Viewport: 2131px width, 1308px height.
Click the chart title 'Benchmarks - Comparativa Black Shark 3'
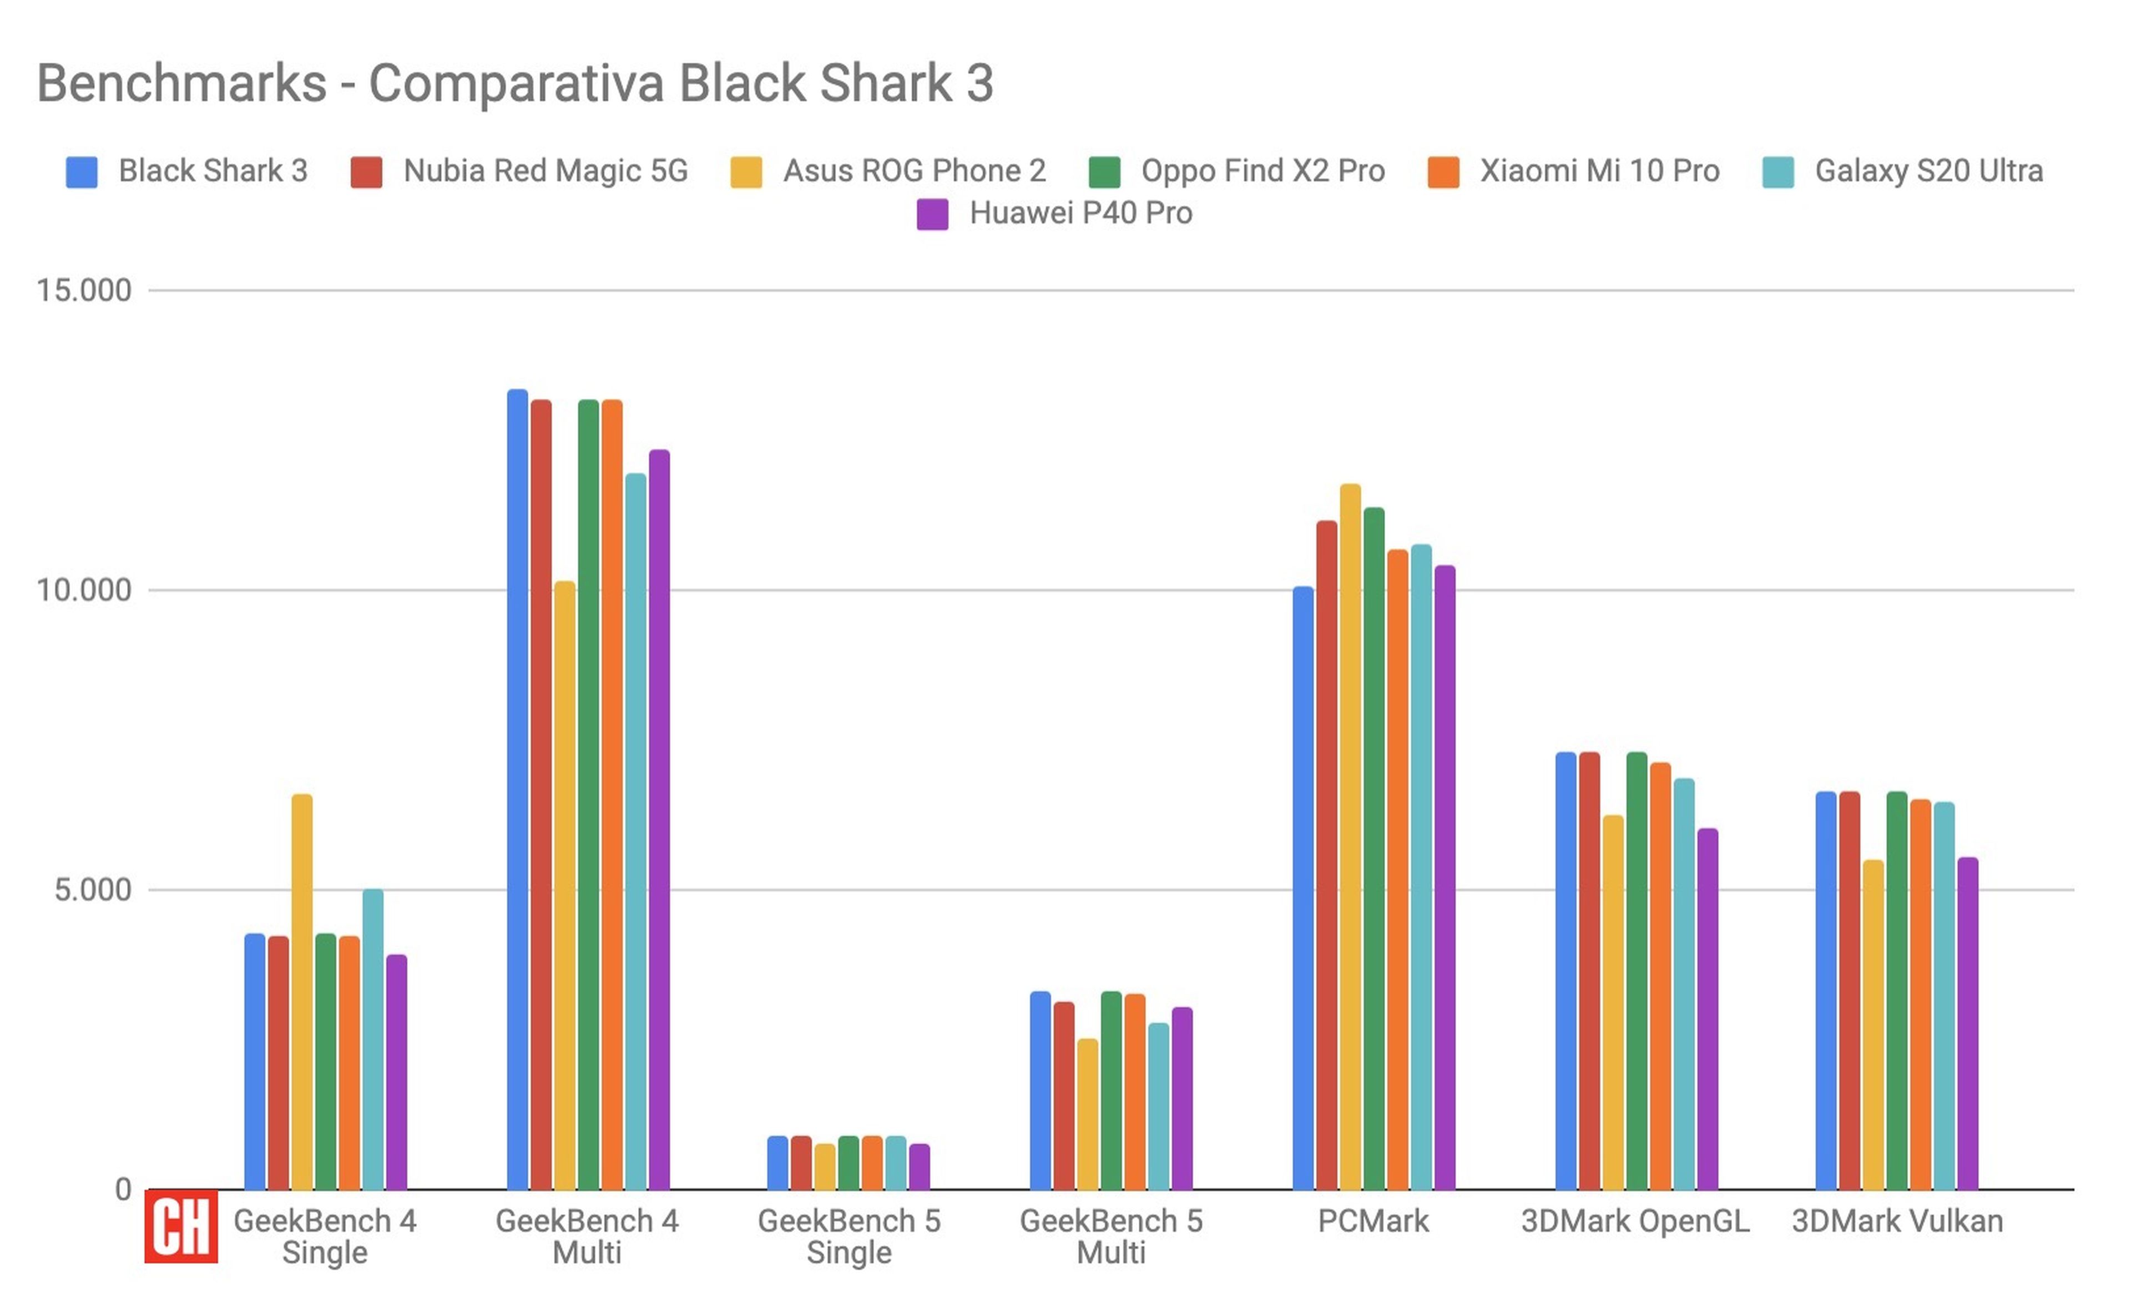515,84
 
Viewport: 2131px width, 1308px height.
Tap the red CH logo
181,1226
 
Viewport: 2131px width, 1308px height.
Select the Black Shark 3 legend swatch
82,171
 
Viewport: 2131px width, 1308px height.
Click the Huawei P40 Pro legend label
1080,213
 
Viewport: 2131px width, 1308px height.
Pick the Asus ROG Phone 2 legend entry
913,171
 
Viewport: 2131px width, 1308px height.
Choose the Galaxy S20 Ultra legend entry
1928,171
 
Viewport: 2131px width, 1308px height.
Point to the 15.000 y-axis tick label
84,291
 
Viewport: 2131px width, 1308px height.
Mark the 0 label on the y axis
123,1189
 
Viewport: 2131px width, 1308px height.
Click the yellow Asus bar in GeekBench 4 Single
302,991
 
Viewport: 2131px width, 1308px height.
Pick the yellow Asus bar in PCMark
1350,835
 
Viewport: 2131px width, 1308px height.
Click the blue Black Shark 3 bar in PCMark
1303,888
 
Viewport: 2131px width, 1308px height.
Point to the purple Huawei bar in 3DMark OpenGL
1707,1008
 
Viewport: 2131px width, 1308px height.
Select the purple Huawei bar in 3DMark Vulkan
1967,1022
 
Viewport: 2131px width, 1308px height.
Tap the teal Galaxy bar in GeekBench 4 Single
373,1038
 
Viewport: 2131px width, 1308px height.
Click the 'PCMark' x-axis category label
1373,1220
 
